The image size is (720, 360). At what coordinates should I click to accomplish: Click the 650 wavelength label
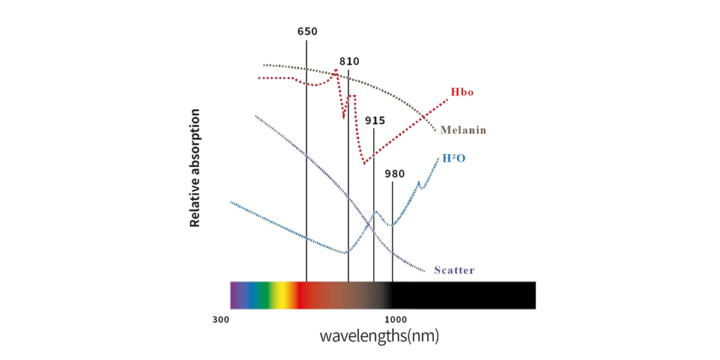point(307,31)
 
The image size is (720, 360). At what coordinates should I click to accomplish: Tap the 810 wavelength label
point(349,61)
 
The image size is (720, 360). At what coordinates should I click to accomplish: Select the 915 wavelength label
point(375,121)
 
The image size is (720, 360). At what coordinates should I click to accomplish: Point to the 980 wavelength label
point(395,174)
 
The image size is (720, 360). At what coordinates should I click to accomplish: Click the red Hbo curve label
point(462,92)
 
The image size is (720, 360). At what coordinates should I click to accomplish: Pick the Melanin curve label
point(463,130)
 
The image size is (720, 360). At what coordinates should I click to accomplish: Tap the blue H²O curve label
point(454,158)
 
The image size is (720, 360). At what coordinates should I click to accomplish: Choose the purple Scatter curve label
point(454,270)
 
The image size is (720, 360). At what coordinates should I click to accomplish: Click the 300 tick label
point(221,320)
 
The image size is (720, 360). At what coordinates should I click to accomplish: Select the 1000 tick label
point(395,320)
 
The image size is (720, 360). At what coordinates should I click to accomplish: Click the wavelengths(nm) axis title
point(379,336)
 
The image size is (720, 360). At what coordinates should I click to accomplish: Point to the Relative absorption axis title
point(195,168)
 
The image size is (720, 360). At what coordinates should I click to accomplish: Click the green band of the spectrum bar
point(263,295)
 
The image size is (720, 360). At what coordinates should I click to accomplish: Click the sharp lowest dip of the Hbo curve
point(364,164)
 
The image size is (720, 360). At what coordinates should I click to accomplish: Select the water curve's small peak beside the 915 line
point(376,211)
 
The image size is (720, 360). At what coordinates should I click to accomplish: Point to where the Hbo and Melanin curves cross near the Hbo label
point(422,116)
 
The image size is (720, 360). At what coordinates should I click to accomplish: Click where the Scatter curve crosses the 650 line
point(307,156)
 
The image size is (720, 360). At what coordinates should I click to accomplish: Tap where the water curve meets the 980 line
point(392,225)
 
